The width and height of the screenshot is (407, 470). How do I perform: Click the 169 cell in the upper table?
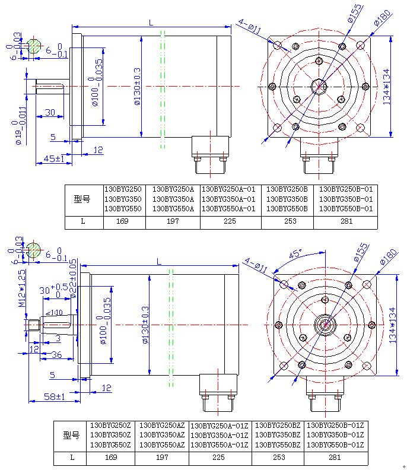tap(125, 222)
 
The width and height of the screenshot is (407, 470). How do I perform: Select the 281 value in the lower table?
tap(335, 458)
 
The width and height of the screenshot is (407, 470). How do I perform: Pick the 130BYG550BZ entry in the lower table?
tap(278, 444)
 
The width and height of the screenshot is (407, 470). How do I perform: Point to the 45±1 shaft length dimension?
tap(54, 159)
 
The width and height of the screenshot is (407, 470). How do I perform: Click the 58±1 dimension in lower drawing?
tap(55, 396)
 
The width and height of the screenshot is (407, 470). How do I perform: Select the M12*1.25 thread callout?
tap(22, 288)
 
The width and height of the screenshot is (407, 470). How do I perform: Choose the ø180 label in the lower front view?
tap(383, 260)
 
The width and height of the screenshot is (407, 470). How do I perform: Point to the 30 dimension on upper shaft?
tap(50, 112)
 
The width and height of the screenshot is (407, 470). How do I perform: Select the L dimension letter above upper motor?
tap(151, 23)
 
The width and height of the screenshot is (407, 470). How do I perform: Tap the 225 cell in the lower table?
tap(218, 458)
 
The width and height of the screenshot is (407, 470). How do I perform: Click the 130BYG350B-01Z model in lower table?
tap(334, 435)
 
